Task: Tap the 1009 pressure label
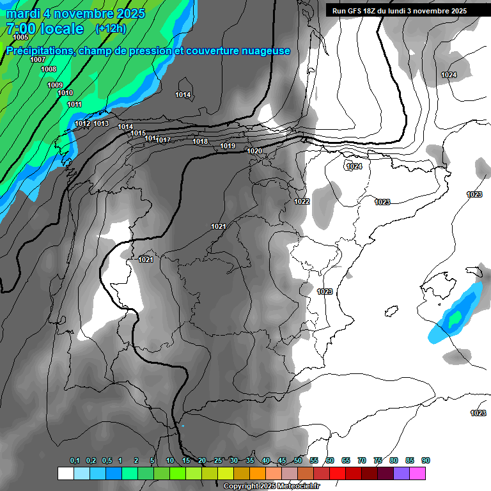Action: (55, 85)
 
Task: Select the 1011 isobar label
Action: (74, 104)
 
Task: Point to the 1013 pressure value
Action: (101, 123)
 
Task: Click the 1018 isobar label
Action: (200, 141)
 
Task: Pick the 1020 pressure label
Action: (254, 151)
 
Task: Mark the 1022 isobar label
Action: (302, 201)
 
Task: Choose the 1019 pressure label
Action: (228, 146)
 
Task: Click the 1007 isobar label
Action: (38, 59)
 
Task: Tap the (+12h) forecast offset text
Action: (111, 29)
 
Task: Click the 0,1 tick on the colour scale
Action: (75, 460)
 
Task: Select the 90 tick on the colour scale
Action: (425, 460)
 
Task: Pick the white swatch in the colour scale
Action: (65, 473)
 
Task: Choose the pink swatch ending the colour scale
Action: (417, 473)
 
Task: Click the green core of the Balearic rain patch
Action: (455, 317)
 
